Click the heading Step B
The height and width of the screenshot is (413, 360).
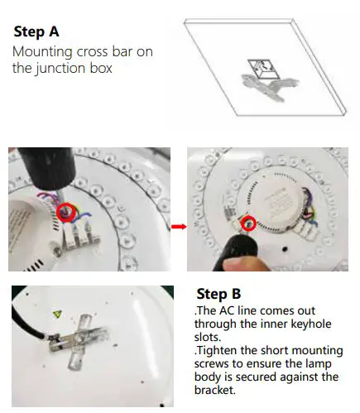tap(219, 294)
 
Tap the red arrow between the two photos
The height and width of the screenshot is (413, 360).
tap(179, 224)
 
